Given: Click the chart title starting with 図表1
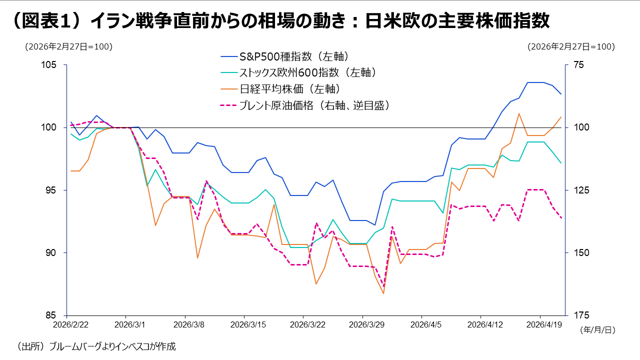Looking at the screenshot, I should pyautogui.click(x=280, y=21).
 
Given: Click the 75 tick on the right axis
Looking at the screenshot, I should pyautogui.click(x=578, y=65).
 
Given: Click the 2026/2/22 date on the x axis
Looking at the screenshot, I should pyautogui.click(x=66, y=324).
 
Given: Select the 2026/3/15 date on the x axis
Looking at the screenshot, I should pyautogui.click(x=244, y=324).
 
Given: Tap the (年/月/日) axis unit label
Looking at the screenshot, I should pyautogui.click(x=597, y=330).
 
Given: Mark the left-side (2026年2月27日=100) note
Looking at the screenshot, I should pyautogui.click(x=68, y=47).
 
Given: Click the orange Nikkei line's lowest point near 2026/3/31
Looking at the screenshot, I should pyautogui.click(x=383, y=293).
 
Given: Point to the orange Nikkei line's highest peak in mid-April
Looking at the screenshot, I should pyautogui.click(x=519, y=113).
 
